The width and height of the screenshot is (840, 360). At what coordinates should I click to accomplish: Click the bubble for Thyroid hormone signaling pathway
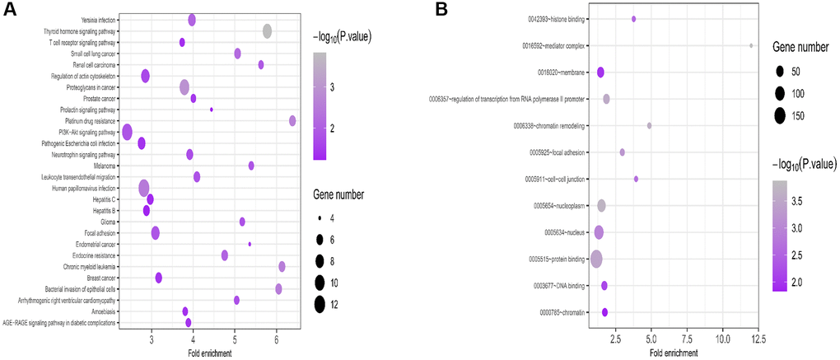coord(267,30)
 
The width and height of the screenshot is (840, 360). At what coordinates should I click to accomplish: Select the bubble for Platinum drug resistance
coord(292,121)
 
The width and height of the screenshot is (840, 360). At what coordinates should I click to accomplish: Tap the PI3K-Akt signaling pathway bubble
coord(127,132)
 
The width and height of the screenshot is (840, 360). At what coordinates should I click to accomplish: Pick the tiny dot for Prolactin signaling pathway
coord(212,110)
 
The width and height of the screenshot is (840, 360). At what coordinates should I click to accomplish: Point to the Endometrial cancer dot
coord(250,244)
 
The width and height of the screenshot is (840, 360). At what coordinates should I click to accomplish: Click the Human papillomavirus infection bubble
coord(144,188)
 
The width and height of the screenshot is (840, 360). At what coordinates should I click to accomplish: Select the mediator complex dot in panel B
coord(751,45)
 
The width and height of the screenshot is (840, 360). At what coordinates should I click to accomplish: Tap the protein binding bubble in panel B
coord(596,259)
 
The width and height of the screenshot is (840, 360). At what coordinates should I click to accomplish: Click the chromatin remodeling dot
coord(649,125)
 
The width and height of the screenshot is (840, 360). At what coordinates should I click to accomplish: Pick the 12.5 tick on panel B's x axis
coord(758,338)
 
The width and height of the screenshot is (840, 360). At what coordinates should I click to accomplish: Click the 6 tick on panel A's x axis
coord(277,338)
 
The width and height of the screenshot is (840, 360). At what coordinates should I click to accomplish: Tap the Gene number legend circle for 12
coord(319,304)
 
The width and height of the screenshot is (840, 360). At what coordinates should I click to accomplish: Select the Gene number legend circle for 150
coord(778,115)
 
